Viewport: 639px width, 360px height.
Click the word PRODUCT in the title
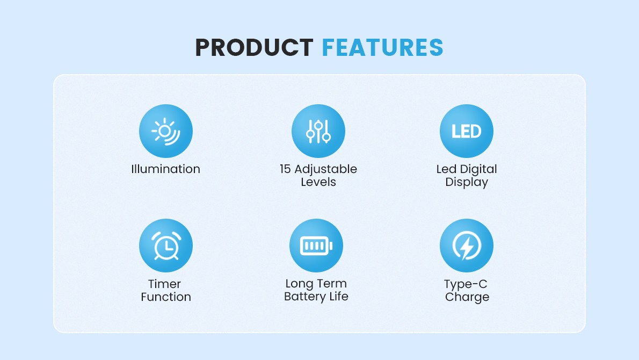click(x=255, y=47)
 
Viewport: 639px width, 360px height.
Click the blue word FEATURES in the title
click(x=383, y=47)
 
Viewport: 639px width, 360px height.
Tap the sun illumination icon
click(x=166, y=131)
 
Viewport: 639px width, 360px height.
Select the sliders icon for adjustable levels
click(x=318, y=131)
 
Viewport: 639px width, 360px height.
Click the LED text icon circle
click(x=467, y=131)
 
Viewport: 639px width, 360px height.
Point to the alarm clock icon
click(x=166, y=246)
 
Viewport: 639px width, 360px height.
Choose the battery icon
click(x=316, y=246)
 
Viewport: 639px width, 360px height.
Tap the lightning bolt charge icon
click(x=467, y=246)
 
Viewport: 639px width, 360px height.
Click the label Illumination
click(x=166, y=169)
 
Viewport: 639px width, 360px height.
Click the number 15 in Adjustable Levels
click(x=285, y=169)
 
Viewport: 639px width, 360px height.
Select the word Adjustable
click(x=325, y=169)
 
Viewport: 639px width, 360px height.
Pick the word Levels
click(x=318, y=182)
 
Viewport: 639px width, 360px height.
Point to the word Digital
click(x=478, y=169)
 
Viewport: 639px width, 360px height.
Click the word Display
click(x=467, y=182)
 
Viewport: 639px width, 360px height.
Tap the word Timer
click(x=164, y=284)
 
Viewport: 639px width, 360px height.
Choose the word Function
click(x=166, y=297)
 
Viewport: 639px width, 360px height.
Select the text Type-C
click(x=466, y=284)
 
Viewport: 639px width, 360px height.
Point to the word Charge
click(x=467, y=297)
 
